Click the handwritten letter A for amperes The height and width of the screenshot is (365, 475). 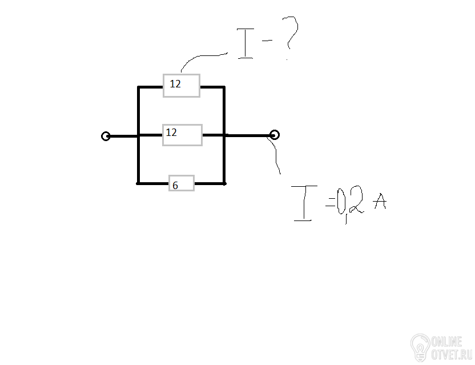tap(380, 201)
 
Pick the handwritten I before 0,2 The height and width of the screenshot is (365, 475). tap(304, 203)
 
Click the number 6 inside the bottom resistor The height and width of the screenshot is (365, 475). tap(175, 185)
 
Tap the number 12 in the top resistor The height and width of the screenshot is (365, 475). tap(175, 83)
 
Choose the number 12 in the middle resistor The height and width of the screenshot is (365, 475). tap(171, 132)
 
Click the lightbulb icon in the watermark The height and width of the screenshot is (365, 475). tap(420, 347)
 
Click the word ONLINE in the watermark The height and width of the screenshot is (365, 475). tap(446, 342)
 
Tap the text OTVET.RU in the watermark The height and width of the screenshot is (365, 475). tap(452, 354)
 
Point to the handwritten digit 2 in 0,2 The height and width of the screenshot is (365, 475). tap(355, 199)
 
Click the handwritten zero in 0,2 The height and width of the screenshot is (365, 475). tap(340, 201)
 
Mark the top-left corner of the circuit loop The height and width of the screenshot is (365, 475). tap(138, 87)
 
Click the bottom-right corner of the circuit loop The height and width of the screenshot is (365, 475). tap(224, 184)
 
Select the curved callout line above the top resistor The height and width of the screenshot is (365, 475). tap(199, 56)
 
